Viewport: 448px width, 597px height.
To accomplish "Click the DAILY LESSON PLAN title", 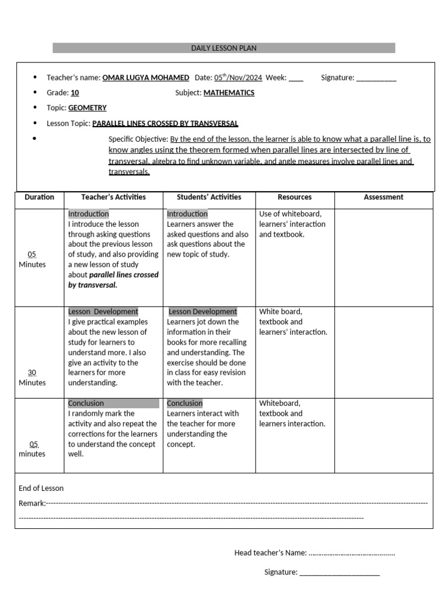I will [223, 48].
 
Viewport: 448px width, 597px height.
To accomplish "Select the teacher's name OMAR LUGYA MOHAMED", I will [146, 78].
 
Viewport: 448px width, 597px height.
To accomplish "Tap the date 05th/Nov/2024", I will [238, 78].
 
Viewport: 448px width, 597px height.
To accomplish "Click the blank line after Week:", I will [296, 78].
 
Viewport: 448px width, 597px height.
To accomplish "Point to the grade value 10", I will [75, 93].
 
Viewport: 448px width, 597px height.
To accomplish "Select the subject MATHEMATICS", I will [229, 93].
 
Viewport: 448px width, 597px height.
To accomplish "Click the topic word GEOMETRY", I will [87, 108].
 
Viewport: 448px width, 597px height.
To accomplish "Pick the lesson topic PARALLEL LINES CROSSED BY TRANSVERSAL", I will [165, 124].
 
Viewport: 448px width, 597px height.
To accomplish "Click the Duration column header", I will [39, 197].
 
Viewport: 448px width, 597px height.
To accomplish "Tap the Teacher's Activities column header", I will [113, 197].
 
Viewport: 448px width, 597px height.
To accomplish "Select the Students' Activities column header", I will [209, 197].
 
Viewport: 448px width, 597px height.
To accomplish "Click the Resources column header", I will [295, 197].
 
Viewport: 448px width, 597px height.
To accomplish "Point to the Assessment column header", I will [383, 197].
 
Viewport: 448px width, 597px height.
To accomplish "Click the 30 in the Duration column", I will [32, 372].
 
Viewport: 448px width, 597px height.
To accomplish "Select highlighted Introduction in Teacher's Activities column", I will [88, 214].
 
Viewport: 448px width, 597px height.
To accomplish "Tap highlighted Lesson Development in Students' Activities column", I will [202, 312].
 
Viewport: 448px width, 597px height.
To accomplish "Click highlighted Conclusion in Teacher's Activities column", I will [86, 403].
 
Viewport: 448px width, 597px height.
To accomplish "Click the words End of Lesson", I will [41, 488].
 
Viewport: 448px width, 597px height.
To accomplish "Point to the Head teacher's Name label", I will [270, 553].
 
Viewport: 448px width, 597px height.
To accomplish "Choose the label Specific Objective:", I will [138, 139].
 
